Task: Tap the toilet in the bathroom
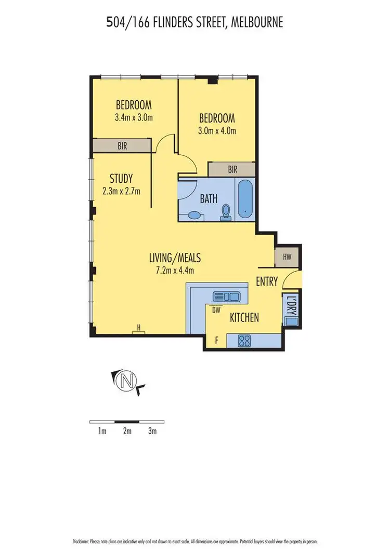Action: point(226,212)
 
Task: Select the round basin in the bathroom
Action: point(193,215)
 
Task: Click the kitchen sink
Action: point(227,297)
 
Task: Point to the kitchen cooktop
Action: point(244,341)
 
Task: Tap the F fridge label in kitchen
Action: point(217,341)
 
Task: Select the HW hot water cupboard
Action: point(287,257)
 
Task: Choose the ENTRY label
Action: point(267,282)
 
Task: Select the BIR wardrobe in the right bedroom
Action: point(232,169)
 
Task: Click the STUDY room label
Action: point(121,178)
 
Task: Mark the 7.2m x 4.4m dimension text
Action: point(175,270)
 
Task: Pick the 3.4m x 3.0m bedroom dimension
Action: point(134,117)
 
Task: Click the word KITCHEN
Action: point(244,318)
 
